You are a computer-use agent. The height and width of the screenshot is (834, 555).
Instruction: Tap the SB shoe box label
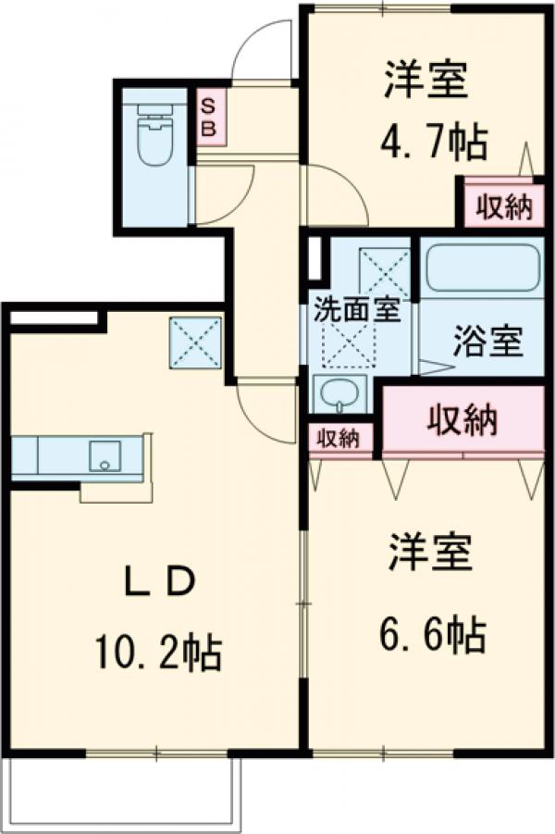(x=208, y=117)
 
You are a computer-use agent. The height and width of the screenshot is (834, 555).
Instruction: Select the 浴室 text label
(x=487, y=342)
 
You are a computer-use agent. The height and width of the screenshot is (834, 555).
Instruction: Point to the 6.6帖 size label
(x=430, y=635)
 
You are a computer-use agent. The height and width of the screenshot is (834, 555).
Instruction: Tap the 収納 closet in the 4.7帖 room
(x=504, y=207)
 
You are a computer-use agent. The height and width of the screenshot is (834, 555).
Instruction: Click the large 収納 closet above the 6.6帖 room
(x=462, y=421)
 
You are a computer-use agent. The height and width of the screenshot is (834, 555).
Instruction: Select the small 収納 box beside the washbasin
(x=339, y=439)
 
